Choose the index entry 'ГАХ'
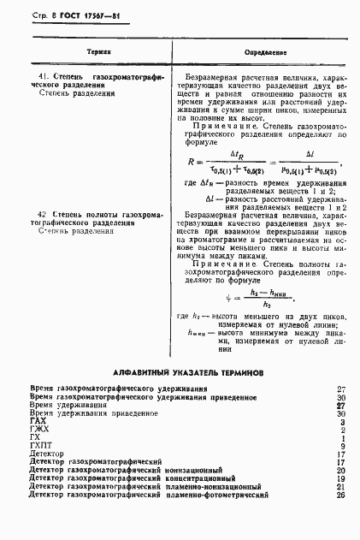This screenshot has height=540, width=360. [x=38, y=422]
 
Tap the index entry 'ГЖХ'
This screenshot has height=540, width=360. [x=38, y=430]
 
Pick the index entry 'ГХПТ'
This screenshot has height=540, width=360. [x=41, y=446]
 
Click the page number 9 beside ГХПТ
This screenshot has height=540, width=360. [x=341, y=446]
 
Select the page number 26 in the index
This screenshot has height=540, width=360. [x=339, y=494]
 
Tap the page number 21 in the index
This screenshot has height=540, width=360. [x=339, y=486]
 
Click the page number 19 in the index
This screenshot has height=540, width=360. [x=339, y=478]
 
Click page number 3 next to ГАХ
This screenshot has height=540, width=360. [x=341, y=422]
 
